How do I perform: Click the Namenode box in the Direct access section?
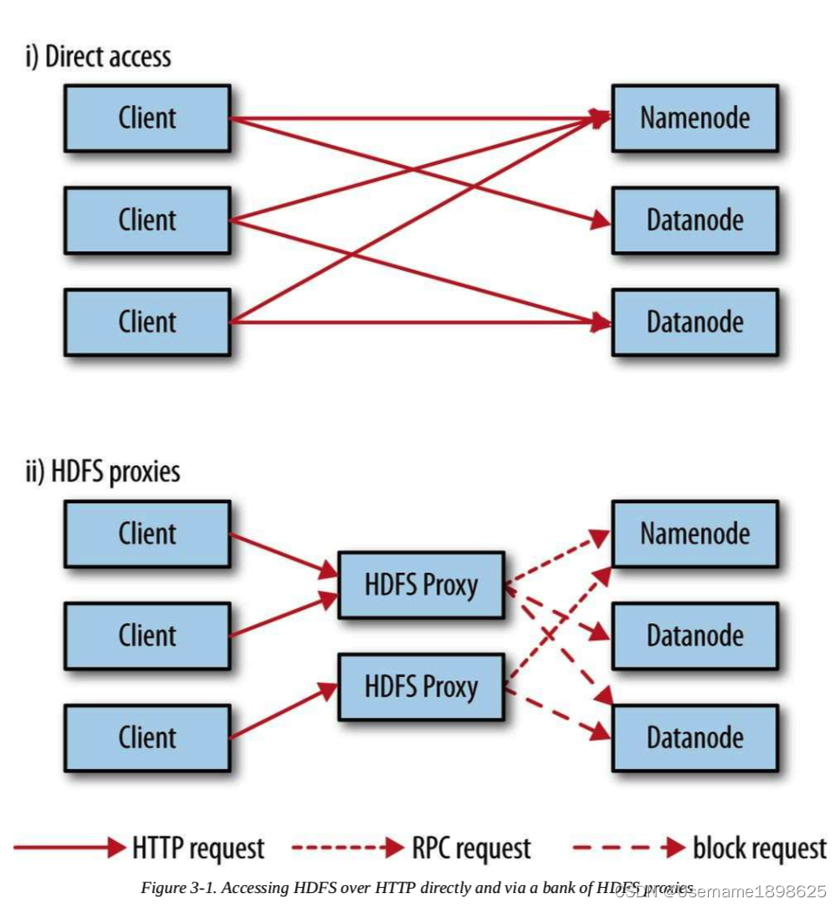point(694,118)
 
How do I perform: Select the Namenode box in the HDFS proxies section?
point(694,533)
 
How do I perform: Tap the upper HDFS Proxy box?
point(421,585)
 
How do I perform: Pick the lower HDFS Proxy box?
point(421,687)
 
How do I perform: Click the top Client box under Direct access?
point(147,118)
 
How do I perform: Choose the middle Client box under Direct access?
point(147,220)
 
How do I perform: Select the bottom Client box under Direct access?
point(147,322)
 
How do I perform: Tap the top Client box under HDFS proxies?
point(147,533)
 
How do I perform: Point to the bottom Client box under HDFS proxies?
point(147,738)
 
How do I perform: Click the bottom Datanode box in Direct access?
point(694,322)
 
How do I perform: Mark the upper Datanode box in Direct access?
point(694,220)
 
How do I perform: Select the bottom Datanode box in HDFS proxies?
point(694,738)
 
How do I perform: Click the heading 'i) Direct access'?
point(97,57)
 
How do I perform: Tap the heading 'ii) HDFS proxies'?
point(102,472)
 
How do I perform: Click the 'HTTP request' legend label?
point(199,847)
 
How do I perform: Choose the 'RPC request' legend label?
point(470,847)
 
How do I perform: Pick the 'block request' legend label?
point(759,847)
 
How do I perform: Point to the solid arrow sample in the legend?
point(69,847)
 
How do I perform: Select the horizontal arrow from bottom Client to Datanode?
point(417,323)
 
